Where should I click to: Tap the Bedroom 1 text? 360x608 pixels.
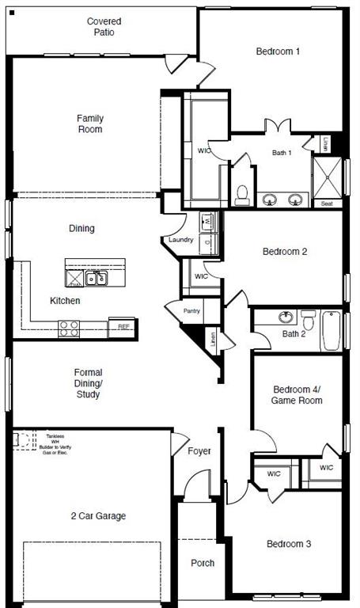(278, 51)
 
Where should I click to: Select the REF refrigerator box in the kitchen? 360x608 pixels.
(123, 326)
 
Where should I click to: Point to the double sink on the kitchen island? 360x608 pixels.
(97, 278)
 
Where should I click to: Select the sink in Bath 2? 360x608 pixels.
(285, 318)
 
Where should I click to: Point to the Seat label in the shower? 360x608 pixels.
(327, 203)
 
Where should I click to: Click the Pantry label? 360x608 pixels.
(191, 311)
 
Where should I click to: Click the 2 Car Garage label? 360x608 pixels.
(97, 516)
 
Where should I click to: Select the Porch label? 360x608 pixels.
(203, 563)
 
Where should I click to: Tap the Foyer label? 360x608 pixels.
(199, 451)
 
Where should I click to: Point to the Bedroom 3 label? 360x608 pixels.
(288, 544)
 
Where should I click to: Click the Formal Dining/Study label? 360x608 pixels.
(88, 383)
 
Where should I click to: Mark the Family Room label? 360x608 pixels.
(89, 123)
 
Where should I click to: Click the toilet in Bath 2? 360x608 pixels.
(309, 321)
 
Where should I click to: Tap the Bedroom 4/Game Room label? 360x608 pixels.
(297, 395)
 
